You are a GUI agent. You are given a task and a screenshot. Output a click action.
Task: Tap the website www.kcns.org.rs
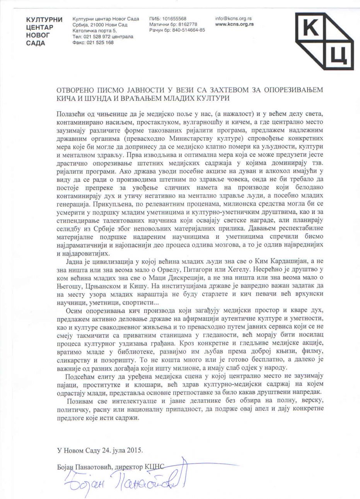click(234, 24)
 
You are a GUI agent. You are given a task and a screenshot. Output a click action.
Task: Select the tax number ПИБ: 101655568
click(167, 19)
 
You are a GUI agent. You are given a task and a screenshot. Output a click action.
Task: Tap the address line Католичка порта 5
click(94, 31)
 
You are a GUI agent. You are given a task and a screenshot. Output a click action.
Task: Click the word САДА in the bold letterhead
click(36, 43)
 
